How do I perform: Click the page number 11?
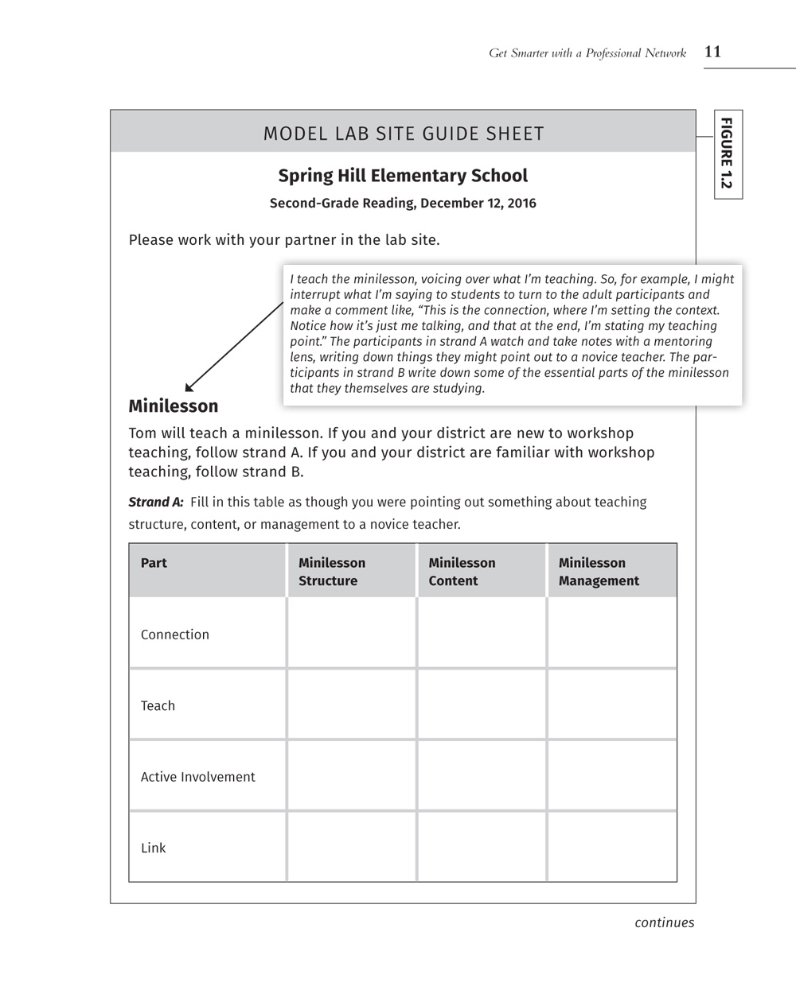pyautogui.click(x=712, y=52)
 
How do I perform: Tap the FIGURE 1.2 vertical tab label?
pyautogui.click(x=727, y=153)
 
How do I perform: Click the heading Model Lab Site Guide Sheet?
pyautogui.click(x=404, y=134)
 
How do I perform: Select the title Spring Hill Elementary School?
pyautogui.click(x=403, y=176)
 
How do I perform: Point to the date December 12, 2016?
pyautogui.click(x=478, y=203)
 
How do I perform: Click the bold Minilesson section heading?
pyautogui.click(x=174, y=406)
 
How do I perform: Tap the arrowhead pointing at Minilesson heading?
pyautogui.click(x=189, y=387)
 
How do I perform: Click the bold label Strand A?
pyautogui.click(x=156, y=502)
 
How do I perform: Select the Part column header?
pyautogui.click(x=154, y=563)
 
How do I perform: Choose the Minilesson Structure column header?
pyautogui.click(x=332, y=572)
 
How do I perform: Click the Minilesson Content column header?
pyautogui.click(x=462, y=572)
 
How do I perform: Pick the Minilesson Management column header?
pyautogui.click(x=599, y=572)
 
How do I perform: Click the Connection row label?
pyautogui.click(x=175, y=635)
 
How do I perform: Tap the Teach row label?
pyautogui.click(x=158, y=705)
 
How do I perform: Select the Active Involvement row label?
pyautogui.click(x=198, y=777)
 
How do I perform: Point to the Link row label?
pyautogui.click(x=154, y=848)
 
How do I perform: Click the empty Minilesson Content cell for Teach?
pyautogui.click(x=482, y=705)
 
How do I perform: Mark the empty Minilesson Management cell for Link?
pyautogui.click(x=612, y=847)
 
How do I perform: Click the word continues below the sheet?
pyautogui.click(x=664, y=922)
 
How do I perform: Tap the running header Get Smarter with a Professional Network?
pyautogui.click(x=587, y=53)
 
